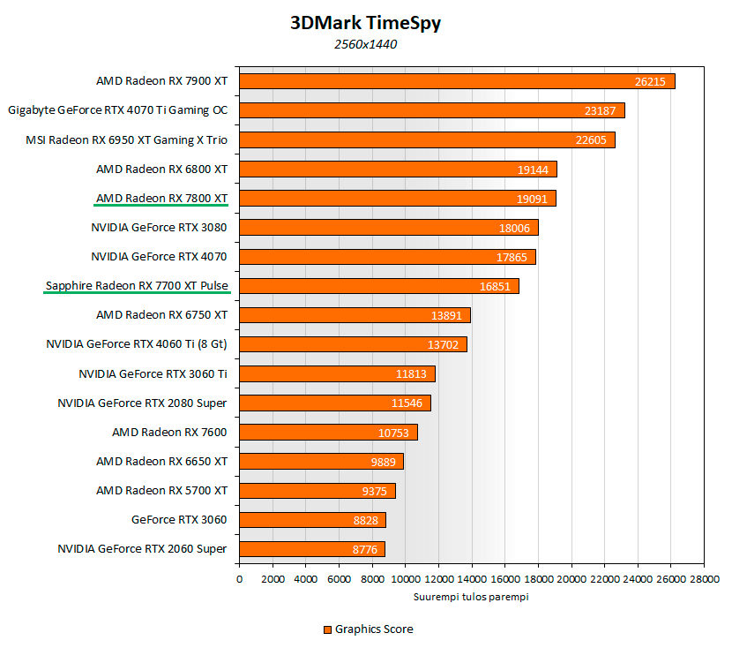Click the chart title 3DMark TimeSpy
(x=365, y=23)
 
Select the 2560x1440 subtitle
(x=365, y=44)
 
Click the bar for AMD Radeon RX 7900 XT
(x=457, y=81)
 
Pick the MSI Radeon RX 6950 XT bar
(x=427, y=139)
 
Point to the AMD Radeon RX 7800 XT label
(x=161, y=198)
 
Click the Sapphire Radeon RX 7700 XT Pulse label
(x=136, y=285)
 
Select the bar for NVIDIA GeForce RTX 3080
(x=388, y=227)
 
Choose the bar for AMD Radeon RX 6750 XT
(x=355, y=315)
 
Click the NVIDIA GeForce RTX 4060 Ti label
(x=137, y=343)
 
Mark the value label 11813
(x=411, y=373)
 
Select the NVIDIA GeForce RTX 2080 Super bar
(x=335, y=403)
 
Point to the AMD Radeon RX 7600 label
(x=169, y=432)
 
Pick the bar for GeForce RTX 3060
(x=312, y=519)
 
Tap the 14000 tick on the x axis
(x=472, y=579)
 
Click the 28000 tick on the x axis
(x=704, y=579)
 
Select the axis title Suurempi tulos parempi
(x=471, y=597)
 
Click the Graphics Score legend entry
(x=368, y=629)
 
